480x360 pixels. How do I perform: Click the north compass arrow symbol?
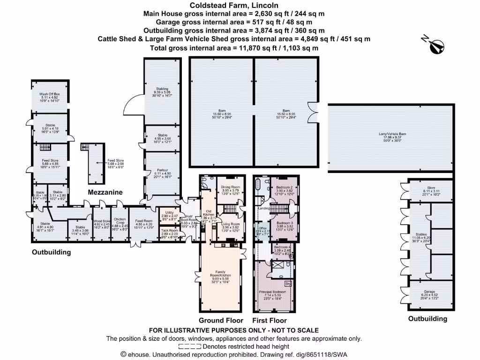tap(437, 45)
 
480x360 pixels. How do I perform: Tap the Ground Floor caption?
tap(221, 321)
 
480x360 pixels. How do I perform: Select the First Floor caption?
tap(270, 321)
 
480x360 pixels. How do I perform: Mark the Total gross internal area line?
tap(234, 48)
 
